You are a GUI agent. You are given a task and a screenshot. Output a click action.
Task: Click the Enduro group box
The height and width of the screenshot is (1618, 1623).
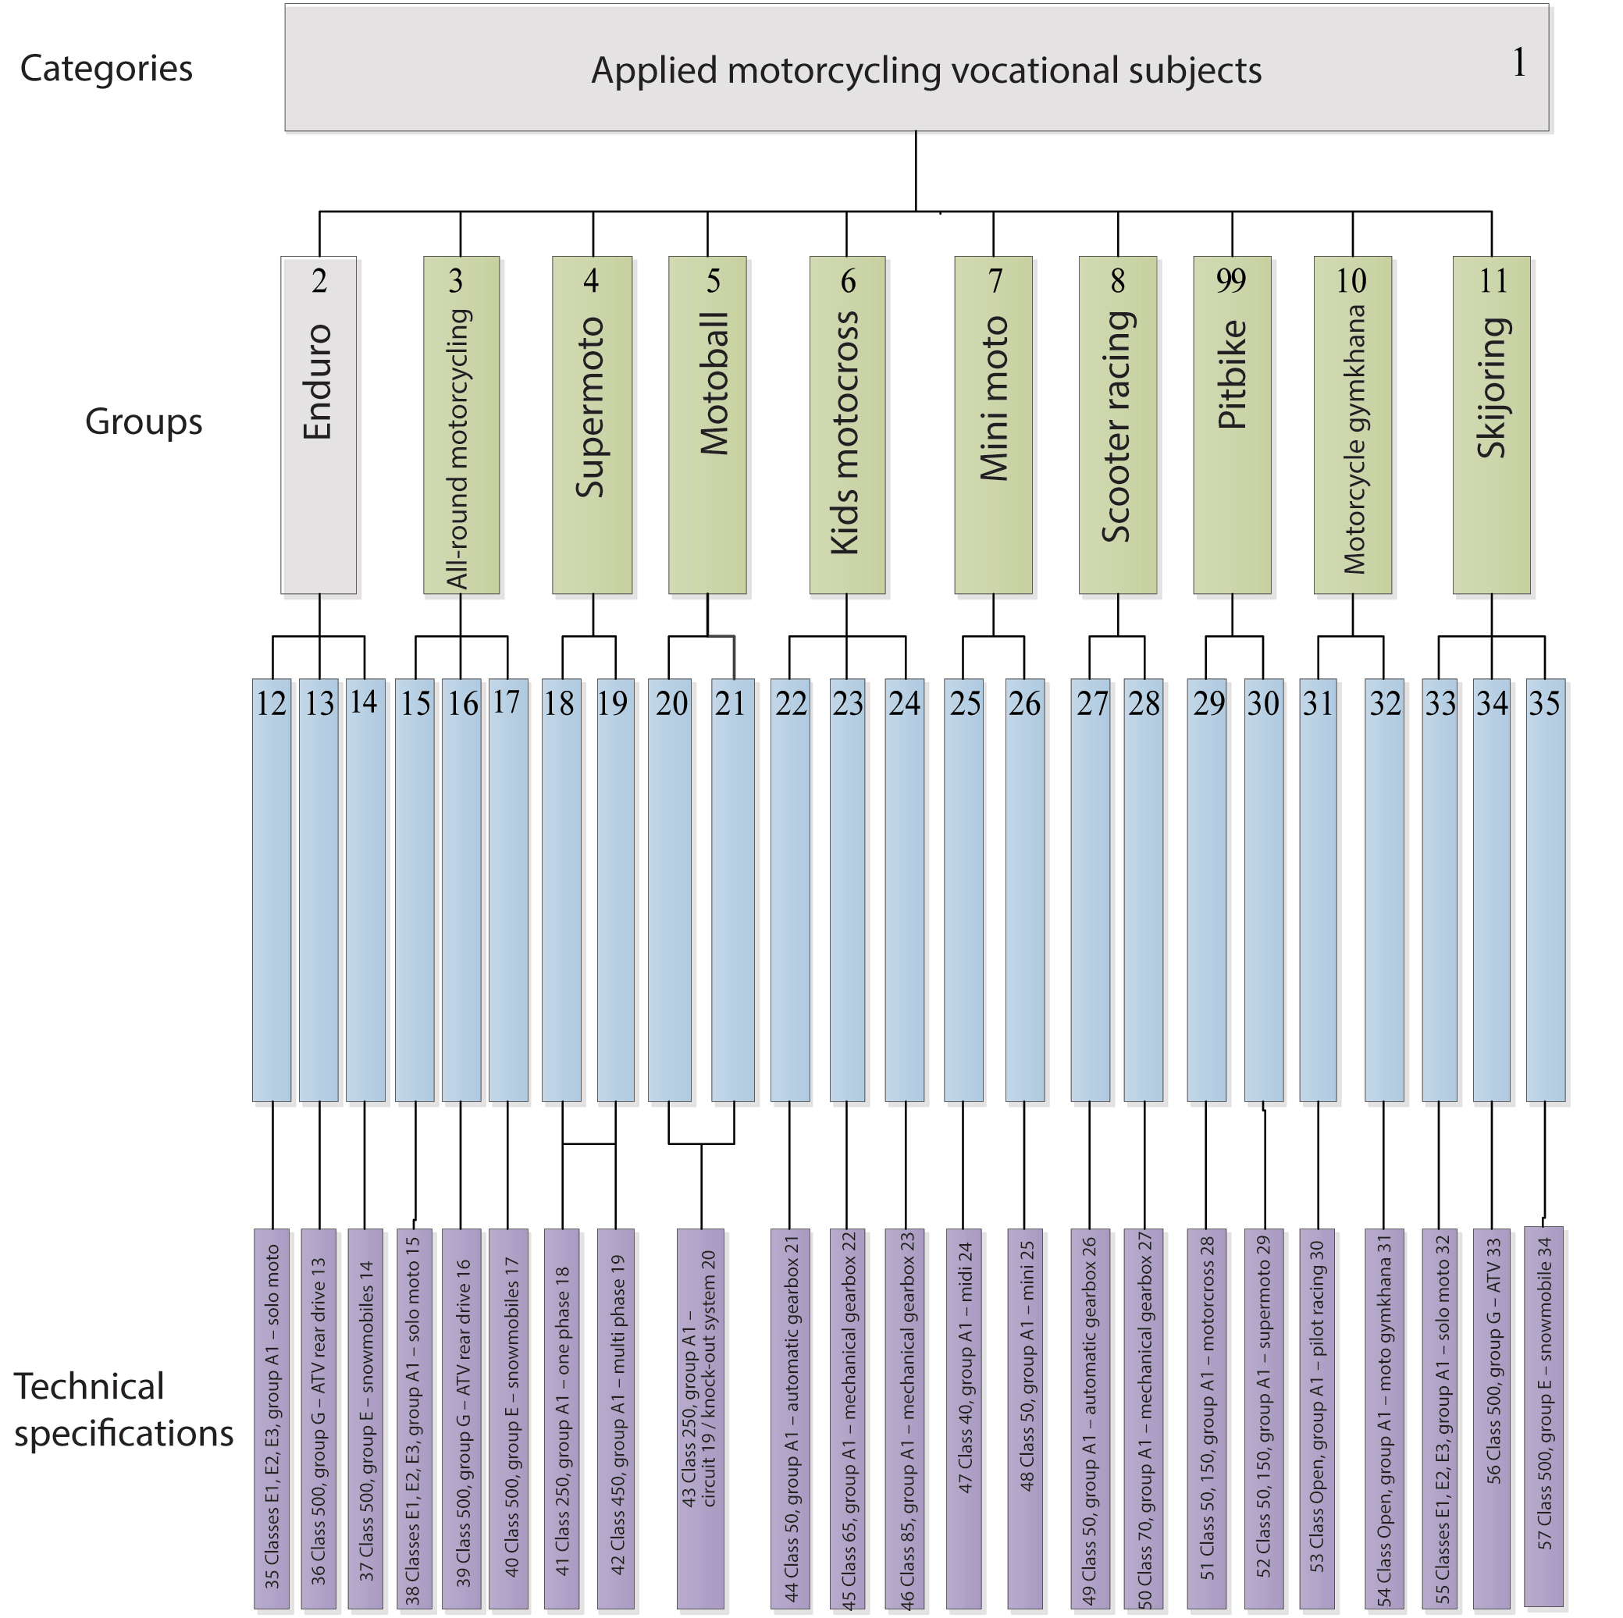click(319, 425)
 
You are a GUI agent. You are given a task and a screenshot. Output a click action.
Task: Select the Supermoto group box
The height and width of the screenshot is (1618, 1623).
click(593, 425)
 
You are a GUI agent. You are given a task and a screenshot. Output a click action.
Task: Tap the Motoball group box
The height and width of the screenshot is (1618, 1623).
click(707, 425)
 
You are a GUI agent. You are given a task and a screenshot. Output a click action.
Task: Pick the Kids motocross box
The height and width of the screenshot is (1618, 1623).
click(847, 425)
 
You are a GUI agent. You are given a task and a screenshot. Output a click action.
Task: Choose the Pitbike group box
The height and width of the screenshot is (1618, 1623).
click(1232, 425)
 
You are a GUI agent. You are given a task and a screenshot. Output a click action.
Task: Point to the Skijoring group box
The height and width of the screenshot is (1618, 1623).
click(1491, 425)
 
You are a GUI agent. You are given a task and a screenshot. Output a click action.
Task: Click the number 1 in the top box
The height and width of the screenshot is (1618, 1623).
click(1519, 63)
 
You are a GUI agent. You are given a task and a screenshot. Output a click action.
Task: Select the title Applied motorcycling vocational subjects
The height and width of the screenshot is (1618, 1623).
click(926, 70)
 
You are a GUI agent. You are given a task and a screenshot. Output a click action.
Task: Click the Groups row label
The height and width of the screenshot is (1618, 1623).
click(144, 421)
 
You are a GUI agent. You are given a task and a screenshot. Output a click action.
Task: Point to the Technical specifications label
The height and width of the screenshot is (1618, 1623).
click(123, 1410)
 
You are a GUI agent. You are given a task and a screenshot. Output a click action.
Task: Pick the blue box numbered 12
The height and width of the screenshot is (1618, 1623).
click(272, 890)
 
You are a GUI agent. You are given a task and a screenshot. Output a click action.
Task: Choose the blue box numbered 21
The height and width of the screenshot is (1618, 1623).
click(732, 890)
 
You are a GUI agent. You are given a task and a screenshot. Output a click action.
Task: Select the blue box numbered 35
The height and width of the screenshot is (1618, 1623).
click(1545, 890)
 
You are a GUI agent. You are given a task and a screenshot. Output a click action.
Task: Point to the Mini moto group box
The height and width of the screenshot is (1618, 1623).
click(993, 425)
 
